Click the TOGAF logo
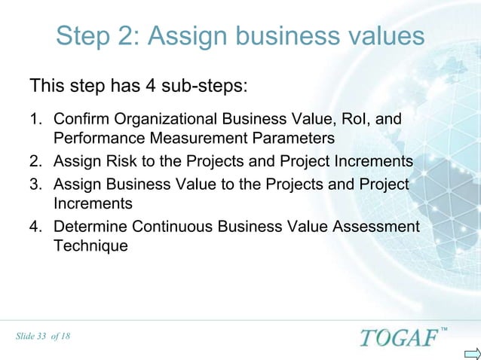(397, 336)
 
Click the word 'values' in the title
(381, 36)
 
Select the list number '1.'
(35, 119)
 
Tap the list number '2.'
(35, 161)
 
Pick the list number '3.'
(35, 185)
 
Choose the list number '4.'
(35, 227)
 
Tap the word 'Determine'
(90, 227)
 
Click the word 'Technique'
(90, 246)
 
